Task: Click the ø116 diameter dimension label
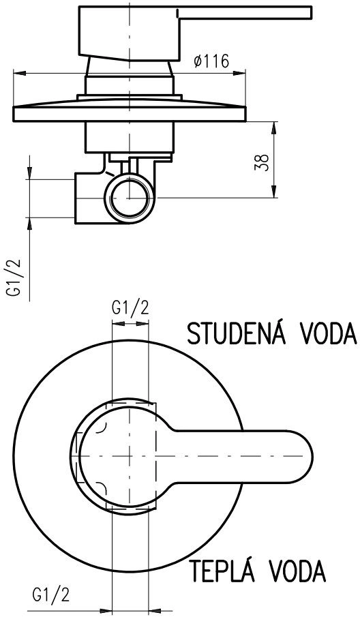coord(211,61)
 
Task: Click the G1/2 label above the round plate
coord(130,308)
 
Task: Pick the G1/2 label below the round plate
coord(50,595)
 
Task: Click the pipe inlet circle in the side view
coord(129,198)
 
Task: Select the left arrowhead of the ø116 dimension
coord(20,73)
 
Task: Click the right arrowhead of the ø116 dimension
coord(239,73)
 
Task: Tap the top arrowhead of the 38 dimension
coord(274,128)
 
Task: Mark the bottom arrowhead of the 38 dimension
coord(274,192)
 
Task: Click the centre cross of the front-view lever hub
coord(129,456)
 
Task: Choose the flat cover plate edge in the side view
coord(130,114)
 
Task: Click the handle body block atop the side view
coord(129,33)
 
